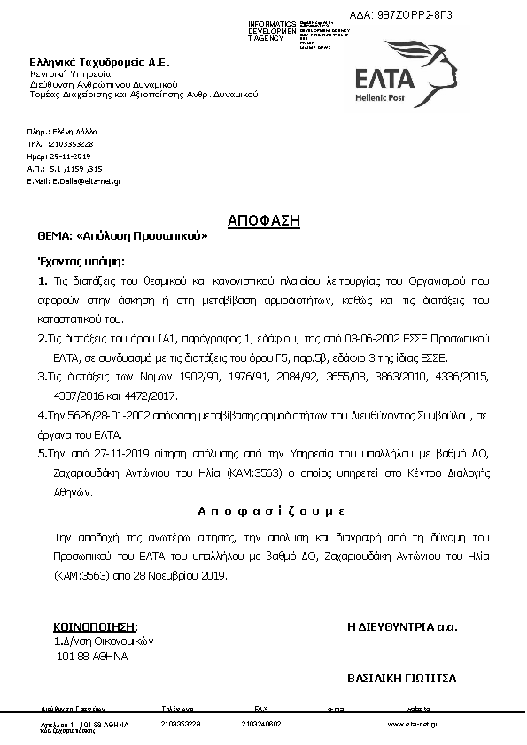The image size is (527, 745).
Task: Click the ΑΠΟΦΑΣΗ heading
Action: [x=263, y=220]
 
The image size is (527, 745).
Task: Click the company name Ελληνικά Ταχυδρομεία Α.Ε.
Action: [x=98, y=63]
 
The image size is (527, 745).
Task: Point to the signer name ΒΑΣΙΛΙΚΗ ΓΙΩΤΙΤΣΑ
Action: [x=401, y=678]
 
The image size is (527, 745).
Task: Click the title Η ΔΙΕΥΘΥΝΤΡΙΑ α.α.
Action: [x=402, y=626]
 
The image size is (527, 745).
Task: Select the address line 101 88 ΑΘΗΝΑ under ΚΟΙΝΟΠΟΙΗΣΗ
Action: [x=91, y=657]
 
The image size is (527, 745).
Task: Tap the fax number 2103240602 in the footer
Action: [x=260, y=724]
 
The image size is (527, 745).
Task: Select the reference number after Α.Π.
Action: [x=76, y=167]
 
